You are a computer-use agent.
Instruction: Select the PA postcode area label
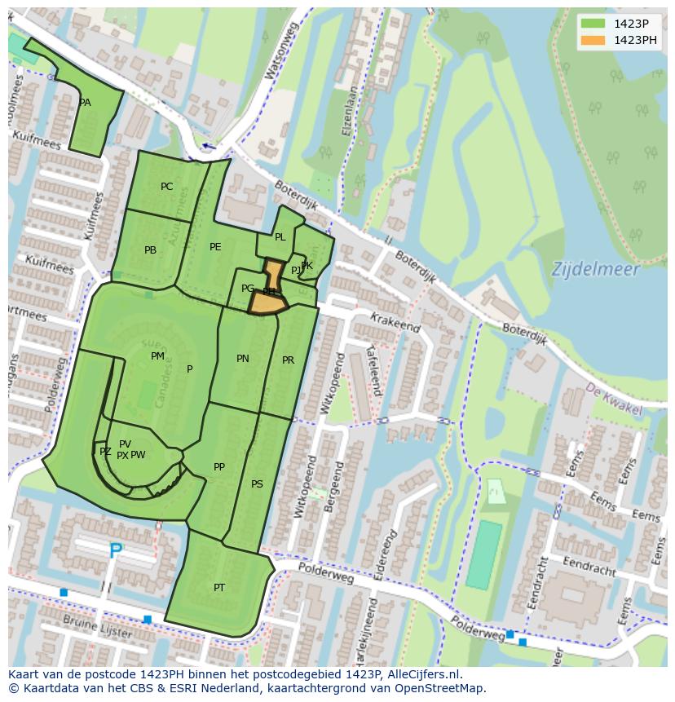[85, 103]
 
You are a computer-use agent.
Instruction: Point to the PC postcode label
[166, 187]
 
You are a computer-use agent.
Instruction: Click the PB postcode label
[150, 250]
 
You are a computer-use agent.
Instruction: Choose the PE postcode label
[215, 247]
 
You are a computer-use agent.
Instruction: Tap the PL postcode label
[280, 237]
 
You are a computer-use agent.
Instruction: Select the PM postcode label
[157, 356]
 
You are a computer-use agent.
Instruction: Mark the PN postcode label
[243, 359]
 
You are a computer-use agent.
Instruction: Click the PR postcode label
[288, 360]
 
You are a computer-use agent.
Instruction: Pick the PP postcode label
[218, 467]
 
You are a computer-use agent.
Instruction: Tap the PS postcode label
[257, 484]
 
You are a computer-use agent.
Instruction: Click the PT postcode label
[219, 588]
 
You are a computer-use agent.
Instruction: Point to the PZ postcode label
[105, 452]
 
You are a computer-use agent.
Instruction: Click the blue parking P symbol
[116, 552]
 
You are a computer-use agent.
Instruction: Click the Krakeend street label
[395, 323]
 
